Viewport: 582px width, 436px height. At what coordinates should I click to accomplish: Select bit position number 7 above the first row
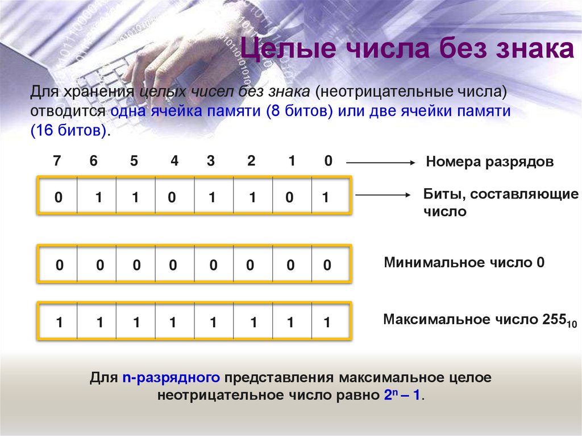[x=56, y=161]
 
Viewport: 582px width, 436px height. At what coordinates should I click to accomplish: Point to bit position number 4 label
[x=174, y=161]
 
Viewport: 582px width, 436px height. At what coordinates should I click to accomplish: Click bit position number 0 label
[x=328, y=161]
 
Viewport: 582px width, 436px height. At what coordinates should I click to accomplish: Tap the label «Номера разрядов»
[x=489, y=162]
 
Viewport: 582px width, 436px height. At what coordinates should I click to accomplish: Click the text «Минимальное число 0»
[x=464, y=263]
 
